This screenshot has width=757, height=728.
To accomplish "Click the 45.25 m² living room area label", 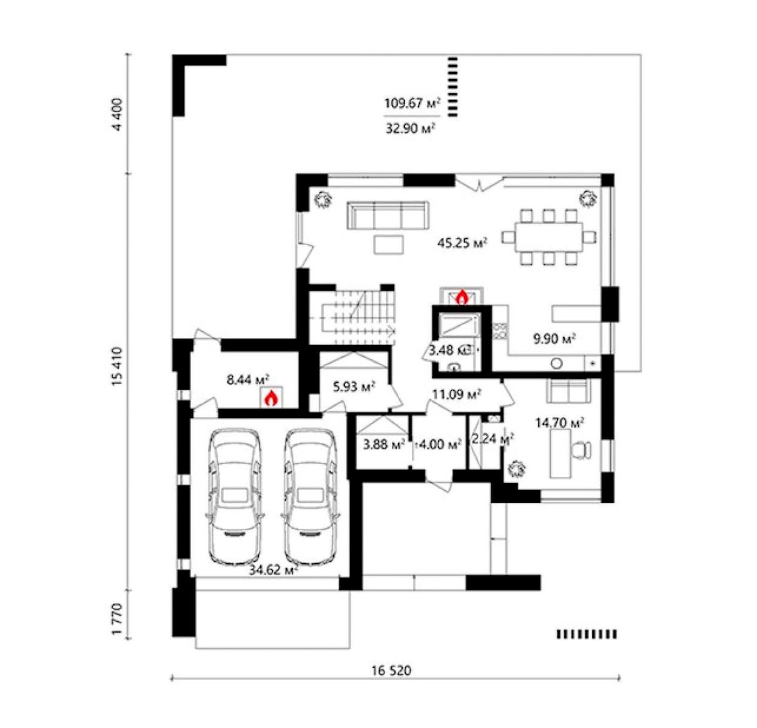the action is point(462,243).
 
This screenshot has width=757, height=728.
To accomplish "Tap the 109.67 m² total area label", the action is point(412,104).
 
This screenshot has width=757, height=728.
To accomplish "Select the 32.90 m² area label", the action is point(411,129).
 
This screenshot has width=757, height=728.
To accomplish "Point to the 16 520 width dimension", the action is point(391,670).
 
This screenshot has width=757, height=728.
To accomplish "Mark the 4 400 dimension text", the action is point(117,115).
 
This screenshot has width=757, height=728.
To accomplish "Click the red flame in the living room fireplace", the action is point(462,297).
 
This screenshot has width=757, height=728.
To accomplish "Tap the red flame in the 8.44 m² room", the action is point(271,399).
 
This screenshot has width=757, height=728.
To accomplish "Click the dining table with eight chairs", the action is point(549,237).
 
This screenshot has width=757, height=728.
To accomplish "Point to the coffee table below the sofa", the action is point(389,245).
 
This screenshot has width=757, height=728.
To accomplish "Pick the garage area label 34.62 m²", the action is point(274,570).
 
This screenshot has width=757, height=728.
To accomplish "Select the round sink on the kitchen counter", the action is point(557,363).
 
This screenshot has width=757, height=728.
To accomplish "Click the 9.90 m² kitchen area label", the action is point(554,339).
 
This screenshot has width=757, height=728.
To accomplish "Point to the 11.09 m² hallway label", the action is point(457,394).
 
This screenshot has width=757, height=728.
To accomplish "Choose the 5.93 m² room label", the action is point(354,386).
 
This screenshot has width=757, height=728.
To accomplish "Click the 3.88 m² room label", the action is point(384,444).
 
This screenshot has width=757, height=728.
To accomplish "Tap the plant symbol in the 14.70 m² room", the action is point(517,468).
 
